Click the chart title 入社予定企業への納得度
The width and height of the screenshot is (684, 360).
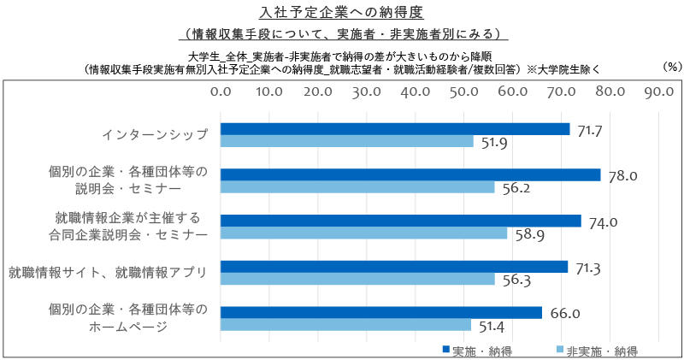(341, 13)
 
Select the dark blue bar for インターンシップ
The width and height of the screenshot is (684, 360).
(395, 129)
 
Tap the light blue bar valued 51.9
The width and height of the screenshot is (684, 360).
(347, 142)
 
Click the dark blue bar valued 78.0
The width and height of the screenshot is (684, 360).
(410, 174)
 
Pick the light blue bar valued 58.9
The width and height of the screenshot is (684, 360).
(364, 233)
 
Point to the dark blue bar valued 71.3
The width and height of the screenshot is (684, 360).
(394, 267)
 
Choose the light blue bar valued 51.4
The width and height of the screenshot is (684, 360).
(346, 325)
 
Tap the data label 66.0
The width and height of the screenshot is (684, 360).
(564, 314)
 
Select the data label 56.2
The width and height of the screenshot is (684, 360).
(518, 188)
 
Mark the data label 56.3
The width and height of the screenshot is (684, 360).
(518, 280)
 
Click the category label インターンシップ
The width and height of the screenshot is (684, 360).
(155, 135)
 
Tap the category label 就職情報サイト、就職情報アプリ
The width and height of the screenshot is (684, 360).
(108, 273)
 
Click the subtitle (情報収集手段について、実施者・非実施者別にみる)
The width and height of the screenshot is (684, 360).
(341, 34)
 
